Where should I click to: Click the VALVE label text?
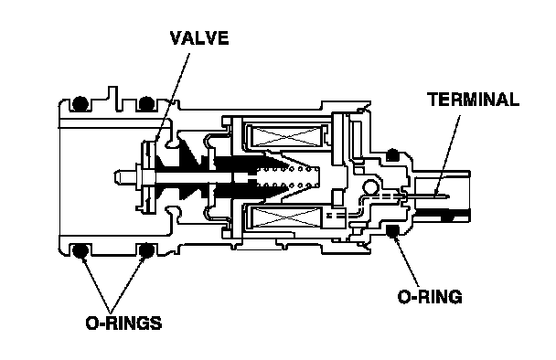(x=199, y=38)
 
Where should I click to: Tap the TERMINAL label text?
(x=473, y=100)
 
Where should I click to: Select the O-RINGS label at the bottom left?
(x=123, y=323)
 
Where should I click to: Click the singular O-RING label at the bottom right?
(x=430, y=297)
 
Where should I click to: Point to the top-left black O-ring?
(x=80, y=103)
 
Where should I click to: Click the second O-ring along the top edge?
(x=146, y=103)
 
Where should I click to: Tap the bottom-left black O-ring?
(x=80, y=251)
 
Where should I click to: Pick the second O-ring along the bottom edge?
(x=146, y=251)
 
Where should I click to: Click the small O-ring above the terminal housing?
(x=392, y=154)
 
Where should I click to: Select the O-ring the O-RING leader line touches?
(x=392, y=231)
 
